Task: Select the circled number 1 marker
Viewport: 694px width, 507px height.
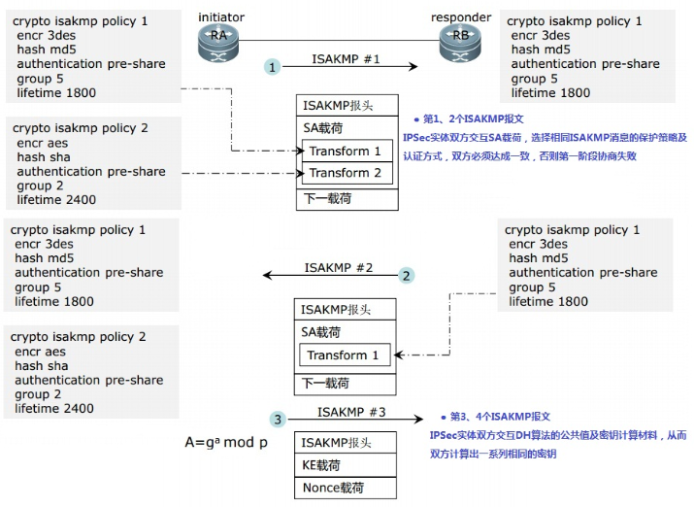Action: point(274,66)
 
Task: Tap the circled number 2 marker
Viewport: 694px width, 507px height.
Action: point(407,275)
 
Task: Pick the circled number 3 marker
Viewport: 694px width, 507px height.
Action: point(278,420)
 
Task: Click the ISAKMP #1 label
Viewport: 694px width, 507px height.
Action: point(346,59)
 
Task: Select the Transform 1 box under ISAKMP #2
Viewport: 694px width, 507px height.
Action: point(344,355)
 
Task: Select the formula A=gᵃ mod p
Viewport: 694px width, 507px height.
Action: point(226,443)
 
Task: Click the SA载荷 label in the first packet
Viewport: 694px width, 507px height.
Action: point(323,128)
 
